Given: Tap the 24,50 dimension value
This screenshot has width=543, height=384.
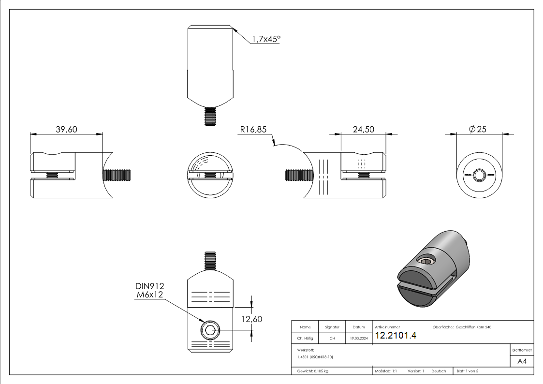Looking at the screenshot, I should (x=364, y=129).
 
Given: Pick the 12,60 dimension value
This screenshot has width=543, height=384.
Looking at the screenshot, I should (x=251, y=319).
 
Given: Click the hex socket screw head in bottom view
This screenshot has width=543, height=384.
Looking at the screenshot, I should (x=210, y=331).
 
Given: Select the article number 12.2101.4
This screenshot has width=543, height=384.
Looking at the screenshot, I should (x=395, y=336).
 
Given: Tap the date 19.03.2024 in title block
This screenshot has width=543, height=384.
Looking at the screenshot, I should (x=358, y=338).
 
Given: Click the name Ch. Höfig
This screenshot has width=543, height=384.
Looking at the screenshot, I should (x=305, y=338).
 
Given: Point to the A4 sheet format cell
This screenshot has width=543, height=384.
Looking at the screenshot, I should (x=522, y=361).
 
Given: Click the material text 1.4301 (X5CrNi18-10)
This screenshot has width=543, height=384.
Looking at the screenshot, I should (x=315, y=357).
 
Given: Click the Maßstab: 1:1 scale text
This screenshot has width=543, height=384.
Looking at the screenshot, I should (x=386, y=371).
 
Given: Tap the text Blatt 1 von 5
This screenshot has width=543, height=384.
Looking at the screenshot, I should (x=467, y=371).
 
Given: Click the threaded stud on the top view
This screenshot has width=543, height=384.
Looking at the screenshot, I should (x=210, y=116).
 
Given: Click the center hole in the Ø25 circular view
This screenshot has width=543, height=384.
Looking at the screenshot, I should (x=479, y=175).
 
